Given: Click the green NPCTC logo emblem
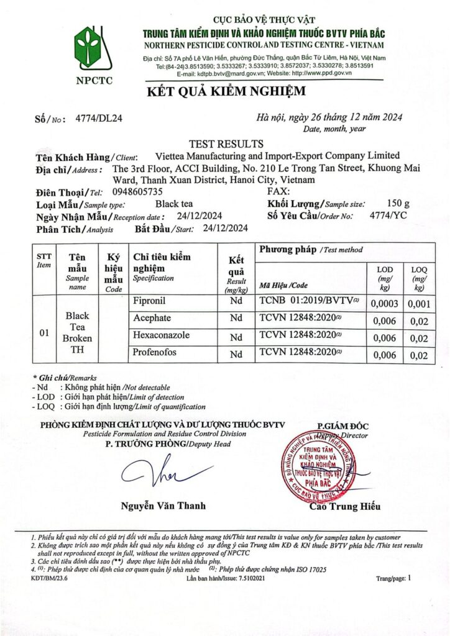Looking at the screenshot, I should (88, 49).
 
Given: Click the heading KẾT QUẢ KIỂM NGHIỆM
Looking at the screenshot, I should (226, 92).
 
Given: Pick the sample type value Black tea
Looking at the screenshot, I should (175, 204).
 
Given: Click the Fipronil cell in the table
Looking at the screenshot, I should (151, 302).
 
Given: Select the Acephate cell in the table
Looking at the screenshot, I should (152, 318).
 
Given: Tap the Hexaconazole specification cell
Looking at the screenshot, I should (161, 335).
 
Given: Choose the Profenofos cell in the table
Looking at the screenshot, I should (155, 353).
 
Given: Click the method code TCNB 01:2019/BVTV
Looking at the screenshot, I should (309, 302).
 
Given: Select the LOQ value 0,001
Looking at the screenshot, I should (421, 304).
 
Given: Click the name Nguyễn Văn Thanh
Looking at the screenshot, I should (163, 506).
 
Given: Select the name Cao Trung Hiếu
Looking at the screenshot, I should (344, 507).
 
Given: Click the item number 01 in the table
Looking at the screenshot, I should (44, 333).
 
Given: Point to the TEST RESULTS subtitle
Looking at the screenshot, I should (226, 144).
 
